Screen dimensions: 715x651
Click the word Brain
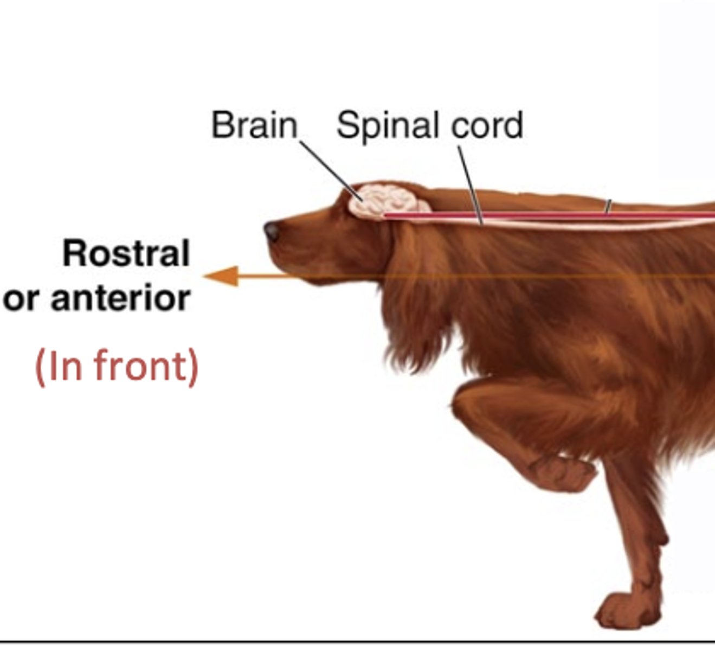point(254,125)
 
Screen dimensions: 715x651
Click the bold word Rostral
point(126,253)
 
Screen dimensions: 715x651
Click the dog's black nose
point(272,231)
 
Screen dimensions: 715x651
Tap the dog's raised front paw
point(564,472)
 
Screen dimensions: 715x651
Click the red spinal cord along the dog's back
point(542,215)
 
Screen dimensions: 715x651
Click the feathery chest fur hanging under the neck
point(417,347)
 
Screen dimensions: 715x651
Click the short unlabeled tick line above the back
point(608,206)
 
